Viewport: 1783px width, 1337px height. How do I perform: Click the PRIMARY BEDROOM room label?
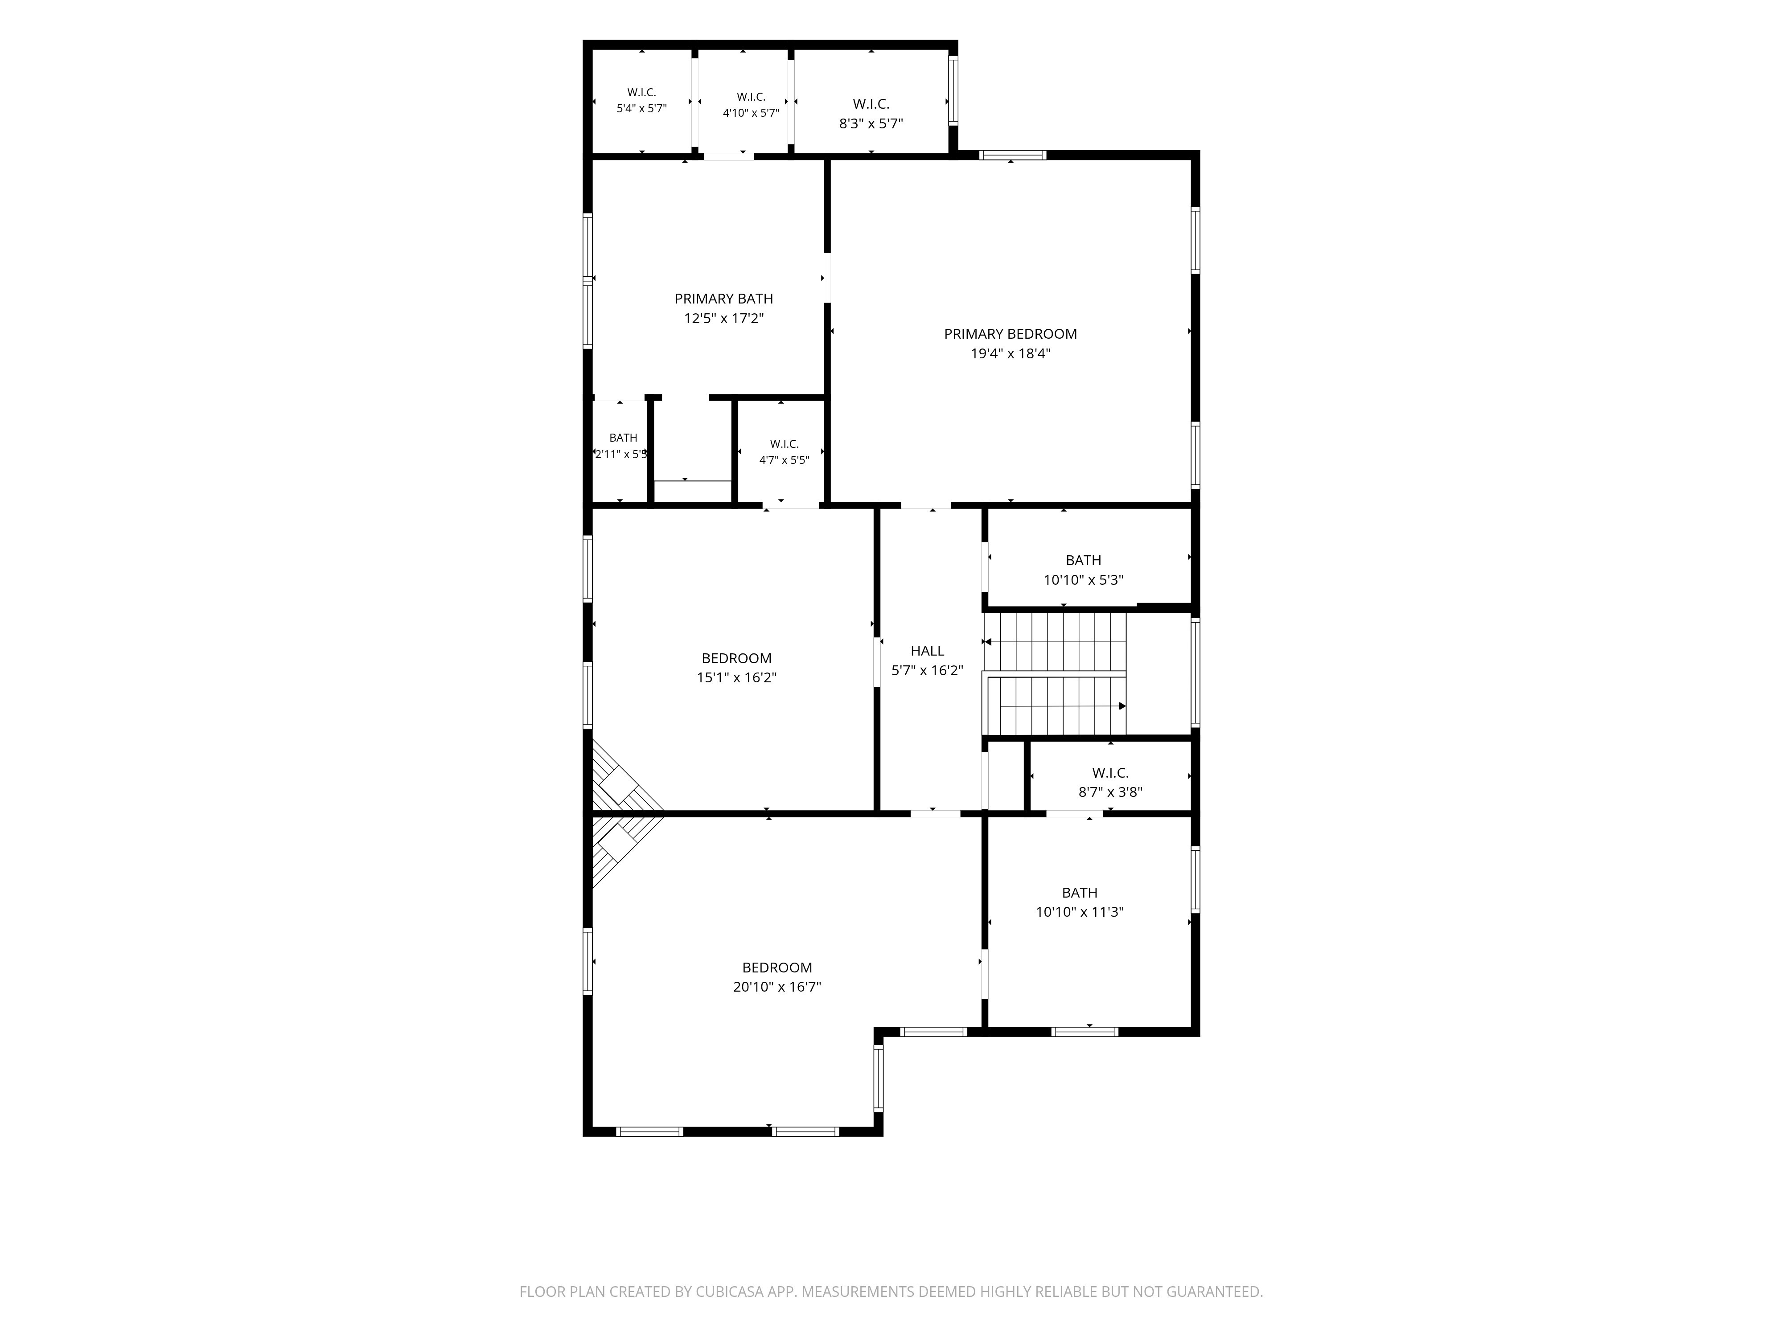tap(1010, 334)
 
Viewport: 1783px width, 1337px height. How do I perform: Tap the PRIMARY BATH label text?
tap(724, 299)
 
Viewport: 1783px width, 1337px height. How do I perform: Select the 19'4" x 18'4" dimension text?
tap(1011, 353)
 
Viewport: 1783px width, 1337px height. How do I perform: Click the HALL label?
tap(927, 650)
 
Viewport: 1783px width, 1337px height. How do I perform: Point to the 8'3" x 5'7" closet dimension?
tap(871, 124)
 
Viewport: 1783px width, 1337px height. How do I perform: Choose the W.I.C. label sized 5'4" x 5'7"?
tap(641, 93)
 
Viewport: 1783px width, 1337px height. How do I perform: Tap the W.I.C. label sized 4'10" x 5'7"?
tap(751, 97)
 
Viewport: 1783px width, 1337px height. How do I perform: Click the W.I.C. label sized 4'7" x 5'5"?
tap(784, 444)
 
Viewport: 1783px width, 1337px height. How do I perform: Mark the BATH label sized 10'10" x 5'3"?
tap(1083, 560)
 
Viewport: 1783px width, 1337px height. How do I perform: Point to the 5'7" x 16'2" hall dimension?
tap(928, 671)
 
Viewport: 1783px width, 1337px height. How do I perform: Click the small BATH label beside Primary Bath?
tap(623, 438)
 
